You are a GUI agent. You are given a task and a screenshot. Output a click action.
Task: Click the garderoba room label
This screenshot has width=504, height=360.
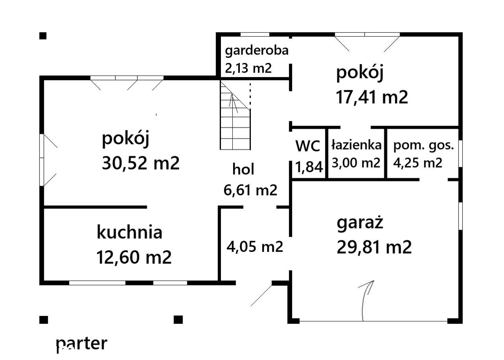[x=256, y=50]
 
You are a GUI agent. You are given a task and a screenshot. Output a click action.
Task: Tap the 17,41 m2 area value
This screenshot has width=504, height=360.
[x=372, y=97]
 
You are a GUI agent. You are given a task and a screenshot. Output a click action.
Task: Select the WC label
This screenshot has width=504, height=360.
[x=308, y=146]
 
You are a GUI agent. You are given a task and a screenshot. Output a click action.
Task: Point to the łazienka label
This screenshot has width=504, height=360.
[x=356, y=145]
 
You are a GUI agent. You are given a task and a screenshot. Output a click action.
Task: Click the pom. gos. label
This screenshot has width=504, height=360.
[x=424, y=145]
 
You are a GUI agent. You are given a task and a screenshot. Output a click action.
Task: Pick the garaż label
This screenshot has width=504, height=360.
[x=360, y=223]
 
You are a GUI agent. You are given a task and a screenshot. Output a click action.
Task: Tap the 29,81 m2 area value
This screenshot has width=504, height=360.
[x=374, y=247]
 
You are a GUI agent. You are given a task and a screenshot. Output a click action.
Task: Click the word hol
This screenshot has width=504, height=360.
[x=243, y=170]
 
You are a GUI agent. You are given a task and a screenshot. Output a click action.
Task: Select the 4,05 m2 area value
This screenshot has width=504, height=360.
[x=255, y=247]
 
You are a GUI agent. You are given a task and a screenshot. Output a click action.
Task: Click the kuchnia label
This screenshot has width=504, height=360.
[x=129, y=232]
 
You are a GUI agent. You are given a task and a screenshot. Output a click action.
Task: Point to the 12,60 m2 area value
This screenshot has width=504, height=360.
[x=134, y=258]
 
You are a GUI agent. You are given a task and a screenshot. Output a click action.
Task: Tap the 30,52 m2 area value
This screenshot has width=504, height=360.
[x=141, y=163]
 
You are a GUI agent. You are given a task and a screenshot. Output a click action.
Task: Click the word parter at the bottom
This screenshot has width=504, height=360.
[x=82, y=343]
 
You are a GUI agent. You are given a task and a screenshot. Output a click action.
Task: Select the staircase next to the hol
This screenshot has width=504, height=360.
[x=235, y=115]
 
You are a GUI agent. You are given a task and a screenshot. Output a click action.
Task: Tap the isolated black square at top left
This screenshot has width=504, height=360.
[x=43, y=36]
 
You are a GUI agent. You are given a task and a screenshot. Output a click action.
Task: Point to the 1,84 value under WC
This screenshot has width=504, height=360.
[x=309, y=167]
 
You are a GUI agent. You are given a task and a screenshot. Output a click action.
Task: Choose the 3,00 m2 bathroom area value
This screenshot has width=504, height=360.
[x=356, y=162]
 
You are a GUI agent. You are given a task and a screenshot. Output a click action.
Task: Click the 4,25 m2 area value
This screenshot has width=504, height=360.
[x=418, y=162]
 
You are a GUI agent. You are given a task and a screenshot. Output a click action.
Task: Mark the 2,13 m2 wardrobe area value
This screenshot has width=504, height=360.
[x=248, y=68]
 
